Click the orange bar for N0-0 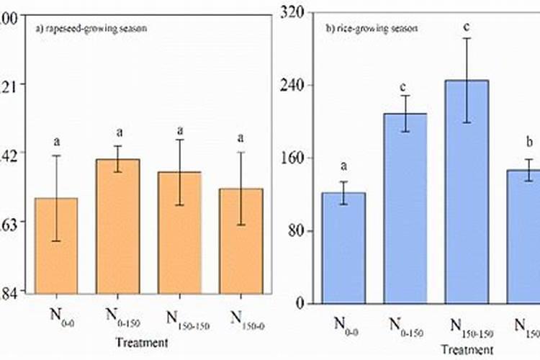(56, 246)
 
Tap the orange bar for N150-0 (241, 241)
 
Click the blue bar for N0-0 (344, 248)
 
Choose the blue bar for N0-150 (405, 209)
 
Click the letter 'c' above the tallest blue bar (467, 27)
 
